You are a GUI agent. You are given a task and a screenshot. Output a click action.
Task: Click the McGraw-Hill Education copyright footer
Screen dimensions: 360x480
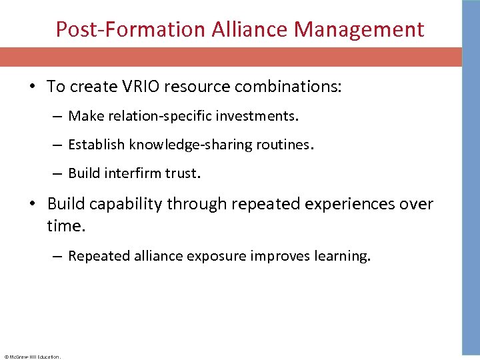tap(32, 357)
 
